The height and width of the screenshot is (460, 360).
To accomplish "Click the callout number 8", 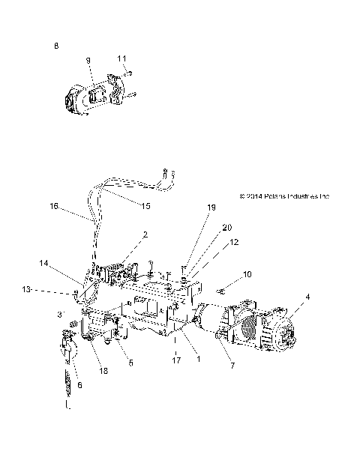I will [x=55, y=46].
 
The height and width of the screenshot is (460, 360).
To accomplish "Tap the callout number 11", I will [x=121, y=58].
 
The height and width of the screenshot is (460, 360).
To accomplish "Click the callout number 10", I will [x=247, y=276].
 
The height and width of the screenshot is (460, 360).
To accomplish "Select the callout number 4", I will [x=307, y=297].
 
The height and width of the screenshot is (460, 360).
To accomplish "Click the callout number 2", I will [x=145, y=234].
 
